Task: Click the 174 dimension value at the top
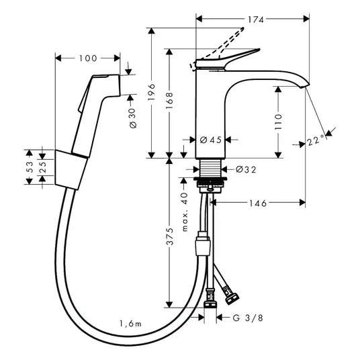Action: point(255,19)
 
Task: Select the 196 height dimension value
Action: point(152,92)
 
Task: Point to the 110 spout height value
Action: point(278,122)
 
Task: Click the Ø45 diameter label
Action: point(210,140)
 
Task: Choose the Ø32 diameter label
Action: point(246,170)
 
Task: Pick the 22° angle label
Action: point(316,140)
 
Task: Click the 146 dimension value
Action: point(258,204)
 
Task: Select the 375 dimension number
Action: point(170,236)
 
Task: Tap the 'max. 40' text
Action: point(184,212)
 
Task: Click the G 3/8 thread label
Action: point(248,318)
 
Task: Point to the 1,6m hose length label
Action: point(130,324)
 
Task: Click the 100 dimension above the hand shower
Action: point(88,58)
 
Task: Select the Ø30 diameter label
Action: point(133,118)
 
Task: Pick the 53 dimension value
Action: point(30,167)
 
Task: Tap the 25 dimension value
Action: point(42,167)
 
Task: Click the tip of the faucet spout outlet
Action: point(306,86)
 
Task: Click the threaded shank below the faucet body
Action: point(210,168)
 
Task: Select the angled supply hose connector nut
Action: point(232,298)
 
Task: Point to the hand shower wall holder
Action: point(71,169)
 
